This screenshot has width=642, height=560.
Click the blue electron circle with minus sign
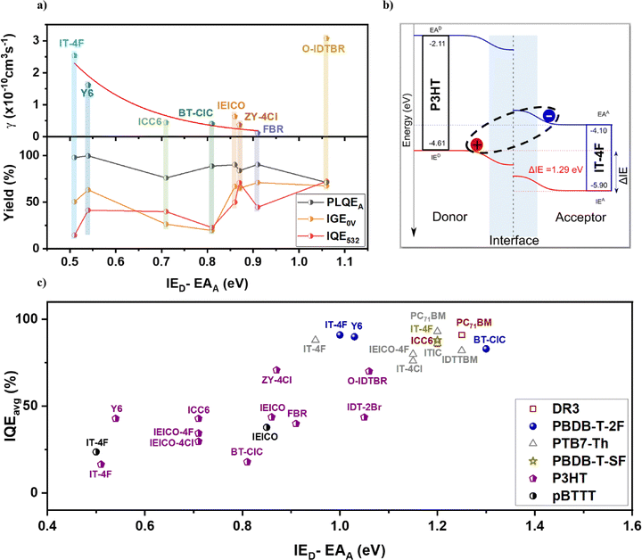(549, 117)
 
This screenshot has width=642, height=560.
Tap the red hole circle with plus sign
(477, 144)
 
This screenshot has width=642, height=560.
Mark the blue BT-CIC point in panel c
(486, 349)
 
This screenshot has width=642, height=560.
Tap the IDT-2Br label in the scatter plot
(364, 407)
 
